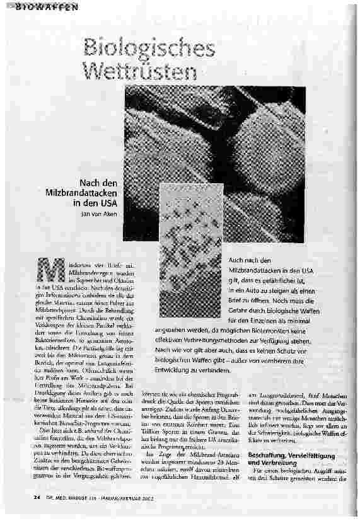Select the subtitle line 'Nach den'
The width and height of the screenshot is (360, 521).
pyautogui.click(x=102, y=182)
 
